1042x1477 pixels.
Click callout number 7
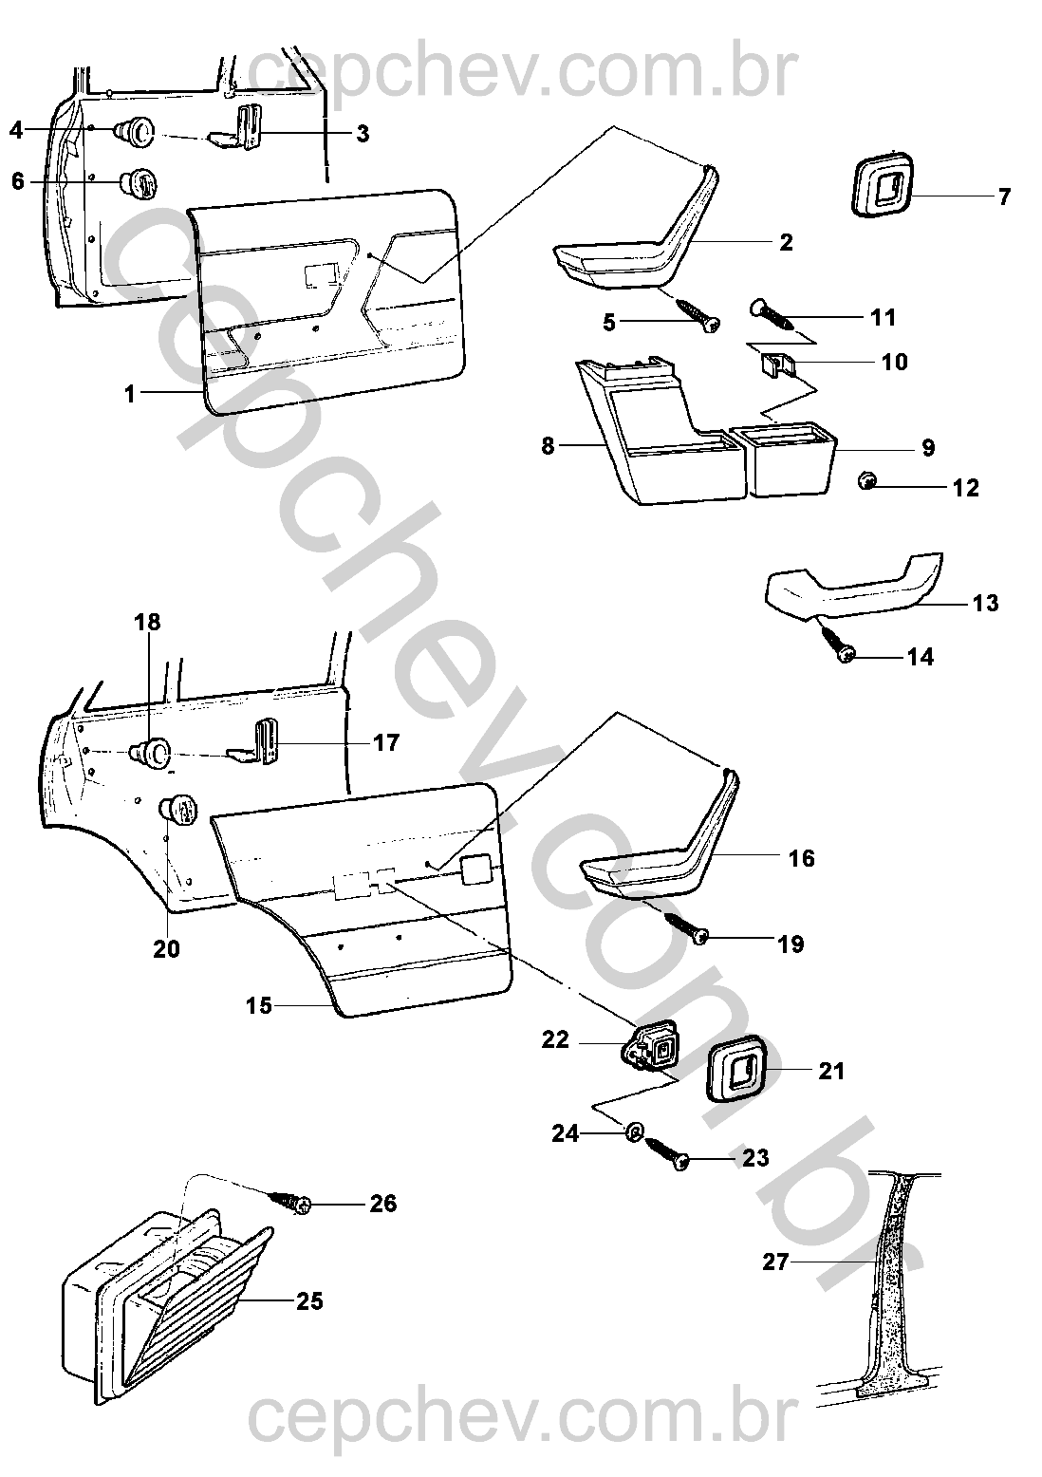pos(1004,197)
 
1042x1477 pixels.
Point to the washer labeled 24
pos(634,1131)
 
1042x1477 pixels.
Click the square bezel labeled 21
pos(740,1069)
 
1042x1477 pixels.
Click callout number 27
pos(775,1263)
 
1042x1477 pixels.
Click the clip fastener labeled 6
pos(138,182)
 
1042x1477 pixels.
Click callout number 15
pos(259,1005)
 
